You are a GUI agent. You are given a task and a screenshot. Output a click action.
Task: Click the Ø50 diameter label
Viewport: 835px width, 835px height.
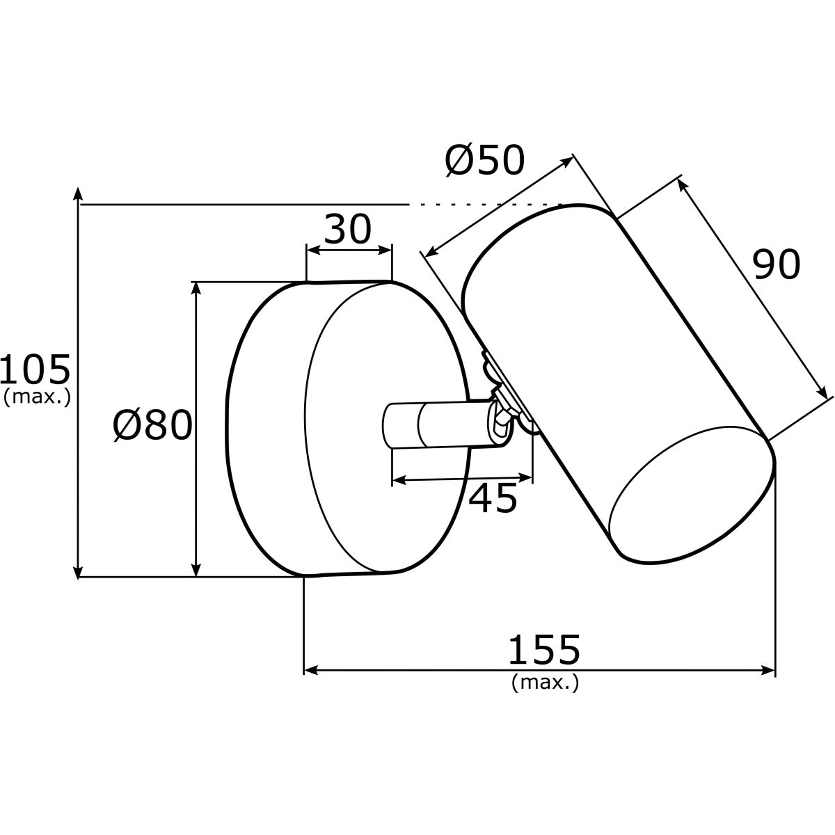(x=485, y=161)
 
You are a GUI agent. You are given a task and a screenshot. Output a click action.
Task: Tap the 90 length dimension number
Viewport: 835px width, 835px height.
(x=776, y=264)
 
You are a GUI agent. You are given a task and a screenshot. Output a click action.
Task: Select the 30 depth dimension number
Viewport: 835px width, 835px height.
(x=347, y=229)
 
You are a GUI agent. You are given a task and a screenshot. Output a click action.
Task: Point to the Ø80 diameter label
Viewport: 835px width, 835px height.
(x=152, y=425)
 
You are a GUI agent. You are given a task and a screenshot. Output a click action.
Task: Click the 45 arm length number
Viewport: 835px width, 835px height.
(x=493, y=498)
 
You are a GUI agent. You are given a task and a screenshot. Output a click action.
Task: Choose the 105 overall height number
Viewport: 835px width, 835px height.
(x=35, y=369)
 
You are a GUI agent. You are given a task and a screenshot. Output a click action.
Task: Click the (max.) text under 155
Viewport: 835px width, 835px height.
(x=545, y=683)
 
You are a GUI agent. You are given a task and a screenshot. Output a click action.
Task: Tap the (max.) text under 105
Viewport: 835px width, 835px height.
(x=37, y=397)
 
